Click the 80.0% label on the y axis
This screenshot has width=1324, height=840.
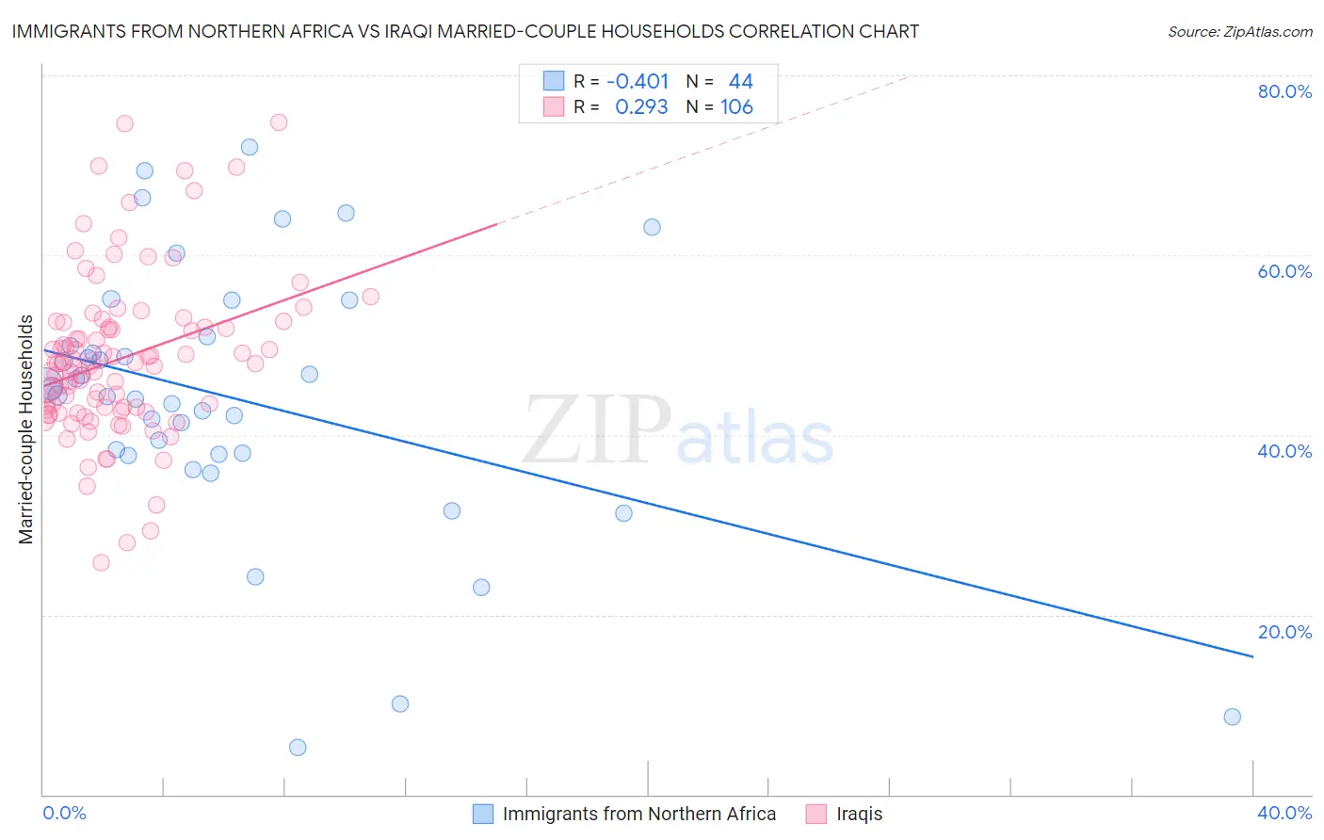pyautogui.click(x=1284, y=91)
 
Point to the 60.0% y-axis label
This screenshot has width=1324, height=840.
pyautogui.click(x=1284, y=271)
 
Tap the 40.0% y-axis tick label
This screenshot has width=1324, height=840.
pyautogui.click(x=1284, y=451)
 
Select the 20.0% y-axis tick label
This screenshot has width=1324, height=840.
pyautogui.click(x=1284, y=632)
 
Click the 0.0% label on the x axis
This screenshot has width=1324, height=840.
pyautogui.click(x=64, y=813)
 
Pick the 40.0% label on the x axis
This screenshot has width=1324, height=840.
pyautogui.click(x=1284, y=813)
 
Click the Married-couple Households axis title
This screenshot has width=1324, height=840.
pyautogui.click(x=26, y=429)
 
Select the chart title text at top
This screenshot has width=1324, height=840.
pyautogui.click(x=465, y=31)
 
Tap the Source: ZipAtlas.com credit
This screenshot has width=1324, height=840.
pyautogui.click(x=1239, y=31)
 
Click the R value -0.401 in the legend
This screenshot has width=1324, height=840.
pyautogui.click(x=638, y=82)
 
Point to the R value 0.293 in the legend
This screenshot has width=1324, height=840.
pyautogui.click(x=641, y=107)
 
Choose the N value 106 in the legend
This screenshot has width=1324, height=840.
pyautogui.click(x=736, y=107)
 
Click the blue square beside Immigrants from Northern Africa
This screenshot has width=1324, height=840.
pyautogui.click(x=483, y=814)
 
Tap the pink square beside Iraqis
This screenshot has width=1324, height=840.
pyautogui.click(x=816, y=814)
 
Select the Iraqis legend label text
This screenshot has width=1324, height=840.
pyautogui.click(x=860, y=814)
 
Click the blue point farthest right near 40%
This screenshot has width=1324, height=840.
pyautogui.click(x=1232, y=717)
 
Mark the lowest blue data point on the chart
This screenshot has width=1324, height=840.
pyautogui.click(x=298, y=748)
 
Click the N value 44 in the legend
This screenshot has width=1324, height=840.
pyautogui.click(x=740, y=82)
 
